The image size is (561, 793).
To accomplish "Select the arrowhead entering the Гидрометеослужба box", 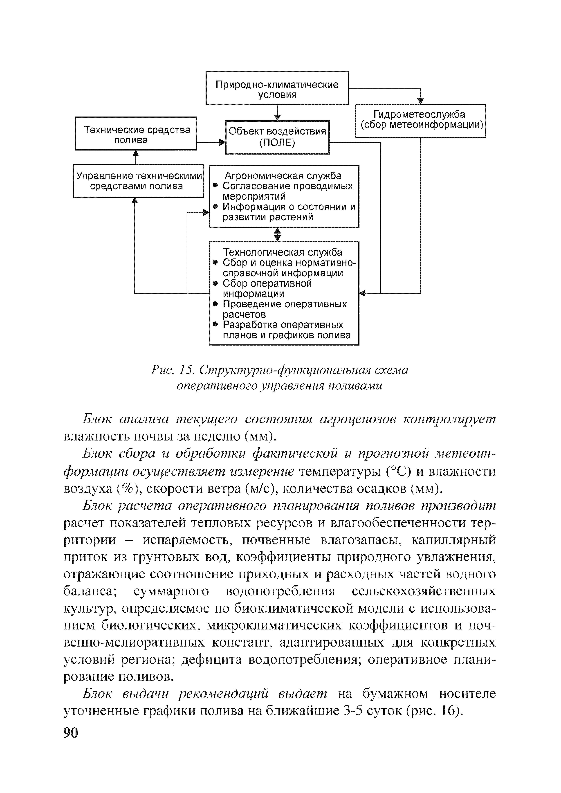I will (x=420, y=101).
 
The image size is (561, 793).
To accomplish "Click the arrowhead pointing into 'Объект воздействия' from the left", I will (x=222, y=142).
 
